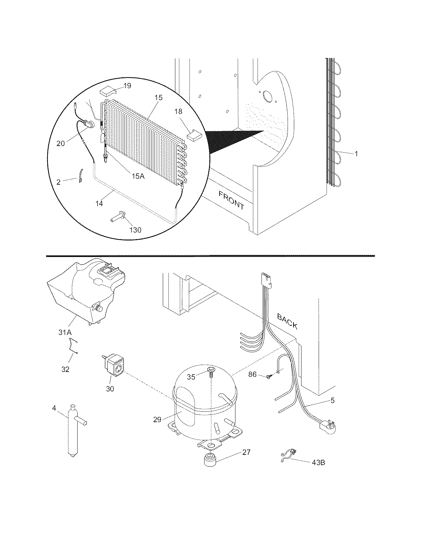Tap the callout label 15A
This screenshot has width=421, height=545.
click(138, 176)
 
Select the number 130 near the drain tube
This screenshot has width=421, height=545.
click(135, 230)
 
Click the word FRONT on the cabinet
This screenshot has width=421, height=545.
click(231, 200)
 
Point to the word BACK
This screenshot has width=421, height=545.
click(287, 321)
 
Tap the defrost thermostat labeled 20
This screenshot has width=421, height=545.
click(89, 124)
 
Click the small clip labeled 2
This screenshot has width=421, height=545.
click(80, 174)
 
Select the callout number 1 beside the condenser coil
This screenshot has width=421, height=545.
click(356, 153)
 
